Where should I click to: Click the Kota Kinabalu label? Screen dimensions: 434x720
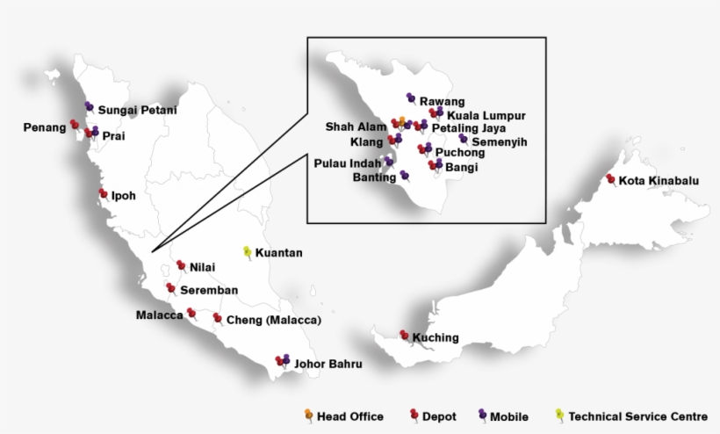[x=659, y=182]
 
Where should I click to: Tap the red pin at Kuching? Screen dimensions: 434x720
[x=404, y=335]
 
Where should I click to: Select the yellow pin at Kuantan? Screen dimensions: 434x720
[x=248, y=251]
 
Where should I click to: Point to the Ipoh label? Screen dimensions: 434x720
[x=124, y=196]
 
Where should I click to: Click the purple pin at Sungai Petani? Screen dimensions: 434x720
[x=89, y=106]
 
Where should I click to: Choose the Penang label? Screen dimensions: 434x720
[x=44, y=127]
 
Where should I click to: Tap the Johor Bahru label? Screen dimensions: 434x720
[x=328, y=363]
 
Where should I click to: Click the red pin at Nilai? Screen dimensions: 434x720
[x=181, y=264]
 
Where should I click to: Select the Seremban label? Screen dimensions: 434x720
[x=209, y=289]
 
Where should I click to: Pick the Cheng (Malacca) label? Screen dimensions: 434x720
[x=274, y=320]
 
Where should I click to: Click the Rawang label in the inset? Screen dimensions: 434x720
[x=442, y=102]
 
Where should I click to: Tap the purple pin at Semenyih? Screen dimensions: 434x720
[x=463, y=138]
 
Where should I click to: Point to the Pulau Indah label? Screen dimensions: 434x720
[x=348, y=163]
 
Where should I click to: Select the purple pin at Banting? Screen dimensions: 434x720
[x=404, y=175]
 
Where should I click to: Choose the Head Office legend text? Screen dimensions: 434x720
[x=349, y=416]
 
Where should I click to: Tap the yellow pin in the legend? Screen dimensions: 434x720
[x=560, y=414]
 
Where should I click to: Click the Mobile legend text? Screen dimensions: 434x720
[x=509, y=416]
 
